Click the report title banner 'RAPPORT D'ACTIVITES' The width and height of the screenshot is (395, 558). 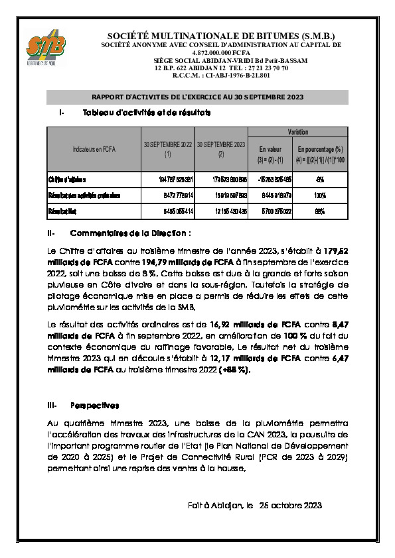coord(197,97)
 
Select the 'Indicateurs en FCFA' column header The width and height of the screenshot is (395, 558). coord(94,149)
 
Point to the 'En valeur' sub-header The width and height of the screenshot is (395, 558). coord(271,154)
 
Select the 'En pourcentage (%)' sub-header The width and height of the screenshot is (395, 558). coord(320,154)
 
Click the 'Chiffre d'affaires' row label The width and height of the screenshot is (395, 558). coord(67,180)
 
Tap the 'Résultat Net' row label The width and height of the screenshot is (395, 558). coord(62,211)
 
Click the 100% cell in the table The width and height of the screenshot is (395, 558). coord(320,195)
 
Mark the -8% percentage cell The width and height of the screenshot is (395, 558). coord(320,180)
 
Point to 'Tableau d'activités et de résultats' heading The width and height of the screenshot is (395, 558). coord(147,113)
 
